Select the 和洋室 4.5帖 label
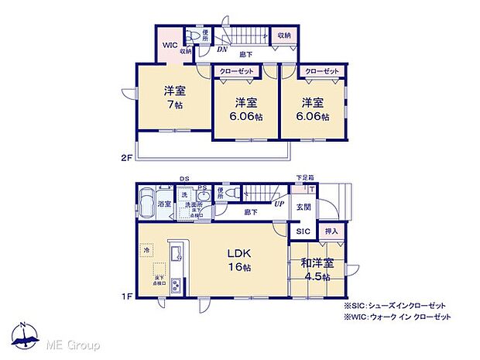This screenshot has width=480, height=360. coord(317,269)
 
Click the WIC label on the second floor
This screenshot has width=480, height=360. coord(170,44)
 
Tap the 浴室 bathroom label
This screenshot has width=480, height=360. coord(164,204)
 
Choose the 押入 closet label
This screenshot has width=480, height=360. coord(331,230)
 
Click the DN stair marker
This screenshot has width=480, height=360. coord(222,51)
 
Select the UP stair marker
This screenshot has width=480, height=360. coord(277,204)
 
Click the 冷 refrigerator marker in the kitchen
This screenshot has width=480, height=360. coord(145,250)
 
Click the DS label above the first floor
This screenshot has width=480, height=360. coord(185,178)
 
